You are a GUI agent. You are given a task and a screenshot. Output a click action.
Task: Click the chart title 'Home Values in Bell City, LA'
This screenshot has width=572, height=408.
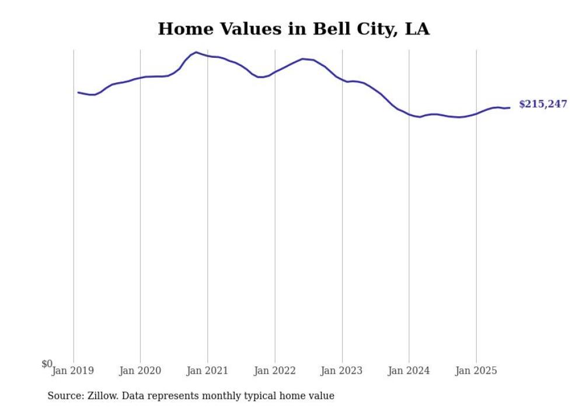pos(294,29)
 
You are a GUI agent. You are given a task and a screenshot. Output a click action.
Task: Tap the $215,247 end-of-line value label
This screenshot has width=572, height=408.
pos(542,104)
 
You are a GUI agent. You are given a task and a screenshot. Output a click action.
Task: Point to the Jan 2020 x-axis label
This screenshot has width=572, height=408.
pos(140,370)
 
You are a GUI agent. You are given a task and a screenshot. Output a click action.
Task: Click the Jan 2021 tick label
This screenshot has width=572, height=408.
pos(207,370)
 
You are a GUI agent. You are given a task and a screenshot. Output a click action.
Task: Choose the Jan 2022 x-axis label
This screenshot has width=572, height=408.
pos(275,370)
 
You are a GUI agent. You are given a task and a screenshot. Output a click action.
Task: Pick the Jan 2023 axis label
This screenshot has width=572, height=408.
pos(342,370)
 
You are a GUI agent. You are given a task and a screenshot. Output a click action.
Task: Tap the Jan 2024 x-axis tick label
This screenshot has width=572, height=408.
pos(409,370)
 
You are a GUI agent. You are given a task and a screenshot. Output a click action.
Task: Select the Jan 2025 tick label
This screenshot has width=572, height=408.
pos(476,370)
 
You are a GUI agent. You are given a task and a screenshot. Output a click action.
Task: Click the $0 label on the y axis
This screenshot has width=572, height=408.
pos(47,364)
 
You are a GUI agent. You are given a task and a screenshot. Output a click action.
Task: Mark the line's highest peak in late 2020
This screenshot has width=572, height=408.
pos(196,52)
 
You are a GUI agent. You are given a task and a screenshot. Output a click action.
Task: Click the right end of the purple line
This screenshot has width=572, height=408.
pos(510,107)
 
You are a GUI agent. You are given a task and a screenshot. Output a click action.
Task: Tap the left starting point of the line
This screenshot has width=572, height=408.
pos(78,92)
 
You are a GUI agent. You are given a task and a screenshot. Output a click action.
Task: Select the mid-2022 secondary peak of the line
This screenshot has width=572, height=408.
pos(302,58)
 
